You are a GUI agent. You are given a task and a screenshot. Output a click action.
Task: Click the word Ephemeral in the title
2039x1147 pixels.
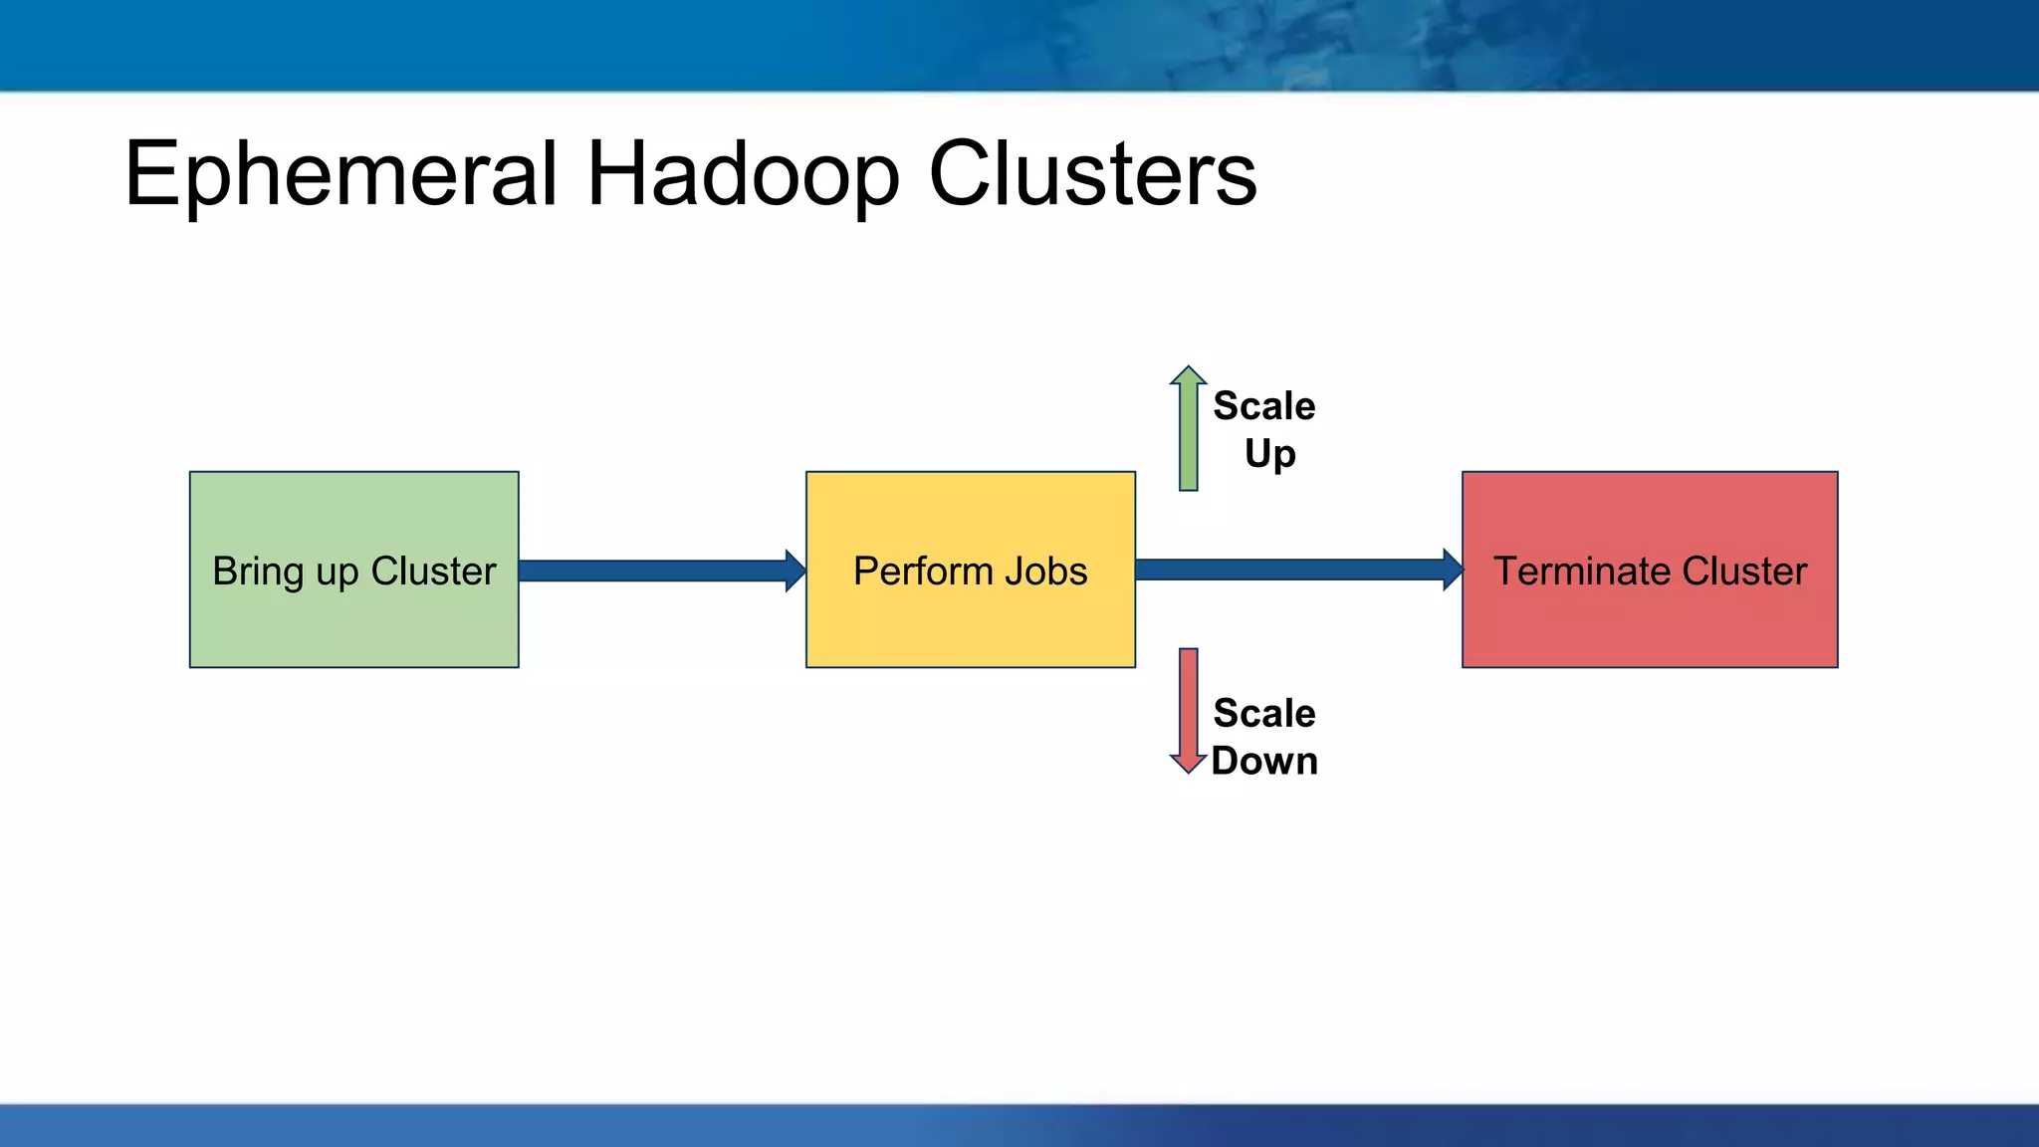340,174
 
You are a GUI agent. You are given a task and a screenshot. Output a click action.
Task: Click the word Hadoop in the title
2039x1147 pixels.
743,174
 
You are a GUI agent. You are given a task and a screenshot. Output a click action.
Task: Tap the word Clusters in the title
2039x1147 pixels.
1092,174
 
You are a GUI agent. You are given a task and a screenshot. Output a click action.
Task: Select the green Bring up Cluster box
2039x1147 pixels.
353,617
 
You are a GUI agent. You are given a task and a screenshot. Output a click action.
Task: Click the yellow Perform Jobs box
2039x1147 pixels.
970,622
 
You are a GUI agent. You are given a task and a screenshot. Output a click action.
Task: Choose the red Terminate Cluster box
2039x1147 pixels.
1649,622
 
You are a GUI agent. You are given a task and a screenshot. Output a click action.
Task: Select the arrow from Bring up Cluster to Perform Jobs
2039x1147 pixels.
657,571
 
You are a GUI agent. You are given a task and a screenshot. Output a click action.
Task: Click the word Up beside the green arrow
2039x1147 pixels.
1269,454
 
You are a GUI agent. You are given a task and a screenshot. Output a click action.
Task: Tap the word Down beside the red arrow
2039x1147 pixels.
1264,761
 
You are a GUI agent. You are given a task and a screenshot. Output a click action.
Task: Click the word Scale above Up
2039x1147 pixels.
1263,406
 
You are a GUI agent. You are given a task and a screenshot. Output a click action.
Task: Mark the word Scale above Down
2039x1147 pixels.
1263,713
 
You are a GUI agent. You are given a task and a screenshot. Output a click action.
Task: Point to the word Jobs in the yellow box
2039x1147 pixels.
1045,572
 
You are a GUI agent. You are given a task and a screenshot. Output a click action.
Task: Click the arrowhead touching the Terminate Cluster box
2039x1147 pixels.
1453,570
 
